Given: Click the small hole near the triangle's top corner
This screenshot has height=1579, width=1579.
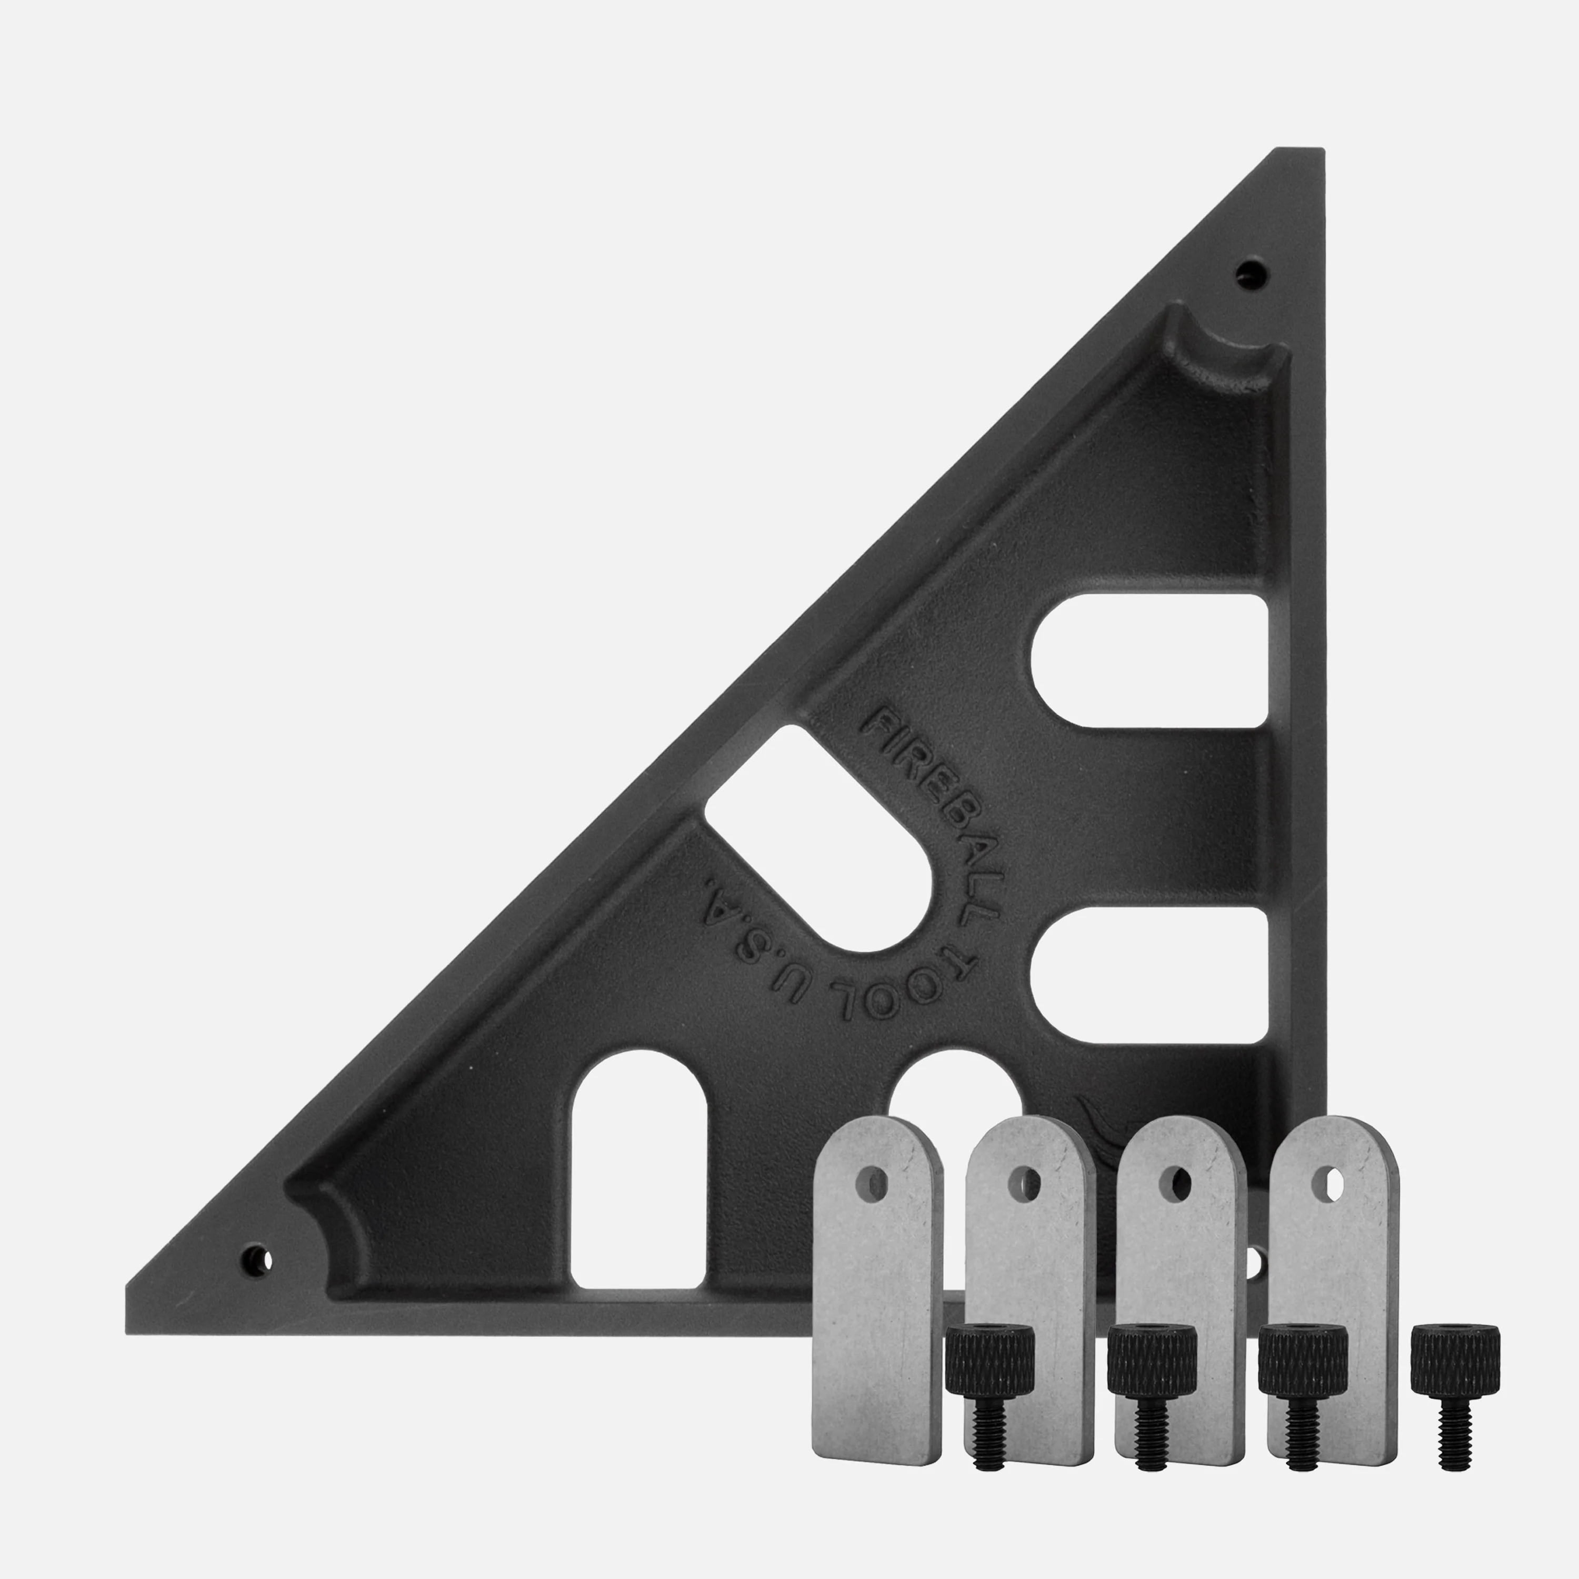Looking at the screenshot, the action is pyautogui.click(x=1251, y=272).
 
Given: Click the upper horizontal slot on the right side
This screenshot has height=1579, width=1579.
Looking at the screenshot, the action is pyautogui.click(x=1149, y=661).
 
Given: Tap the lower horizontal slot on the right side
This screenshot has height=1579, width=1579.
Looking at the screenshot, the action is pyautogui.click(x=1149, y=975).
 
